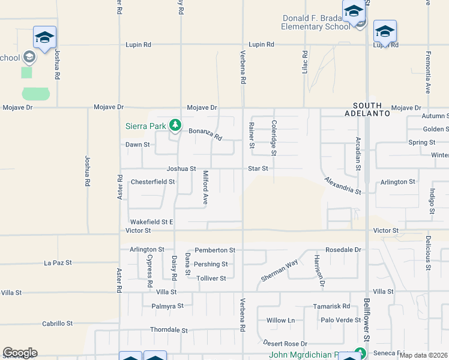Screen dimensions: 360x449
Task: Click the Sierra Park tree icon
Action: pos(175,125)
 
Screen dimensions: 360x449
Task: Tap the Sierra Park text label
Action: pos(146,126)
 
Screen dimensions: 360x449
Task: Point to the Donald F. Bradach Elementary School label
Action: pos(316,22)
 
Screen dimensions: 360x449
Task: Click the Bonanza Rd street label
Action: pos(205,134)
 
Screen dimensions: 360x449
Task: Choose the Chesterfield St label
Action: pos(152,181)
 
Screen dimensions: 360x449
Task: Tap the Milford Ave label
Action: pos(205,188)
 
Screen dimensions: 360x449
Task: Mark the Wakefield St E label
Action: pos(152,222)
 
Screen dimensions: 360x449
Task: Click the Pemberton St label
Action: pos(215,250)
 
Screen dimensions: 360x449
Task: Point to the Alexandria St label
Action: pos(343,185)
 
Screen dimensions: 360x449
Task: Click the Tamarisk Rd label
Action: pos(331,306)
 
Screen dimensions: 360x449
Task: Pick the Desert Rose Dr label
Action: pos(285,344)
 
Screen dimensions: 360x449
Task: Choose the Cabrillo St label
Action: pos(57,323)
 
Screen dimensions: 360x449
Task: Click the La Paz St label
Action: pos(58,263)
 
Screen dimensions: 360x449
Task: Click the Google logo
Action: pos(20,353)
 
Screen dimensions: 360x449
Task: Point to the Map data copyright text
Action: pos(424,355)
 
